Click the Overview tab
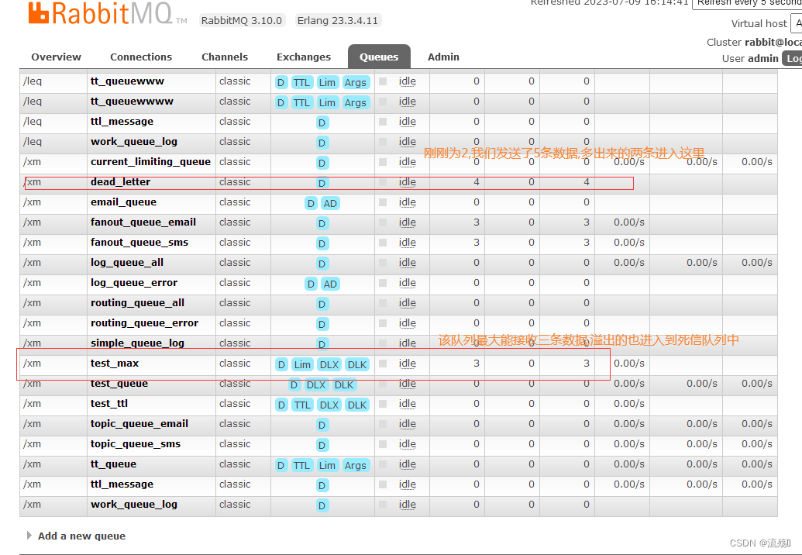(56, 57)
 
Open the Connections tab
(141, 57)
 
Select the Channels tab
(225, 57)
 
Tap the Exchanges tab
(304, 57)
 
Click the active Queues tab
(379, 57)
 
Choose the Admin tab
(443, 57)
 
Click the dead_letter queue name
(120, 182)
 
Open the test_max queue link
(115, 364)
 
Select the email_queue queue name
(123, 202)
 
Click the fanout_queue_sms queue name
(139, 243)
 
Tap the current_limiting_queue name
(150, 162)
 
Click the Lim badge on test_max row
(302, 364)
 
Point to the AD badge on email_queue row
(331, 203)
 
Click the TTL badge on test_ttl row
(302, 405)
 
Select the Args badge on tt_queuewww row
(356, 82)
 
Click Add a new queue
(81, 536)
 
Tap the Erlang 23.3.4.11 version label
(338, 20)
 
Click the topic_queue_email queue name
(139, 424)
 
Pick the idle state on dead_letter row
(408, 182)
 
